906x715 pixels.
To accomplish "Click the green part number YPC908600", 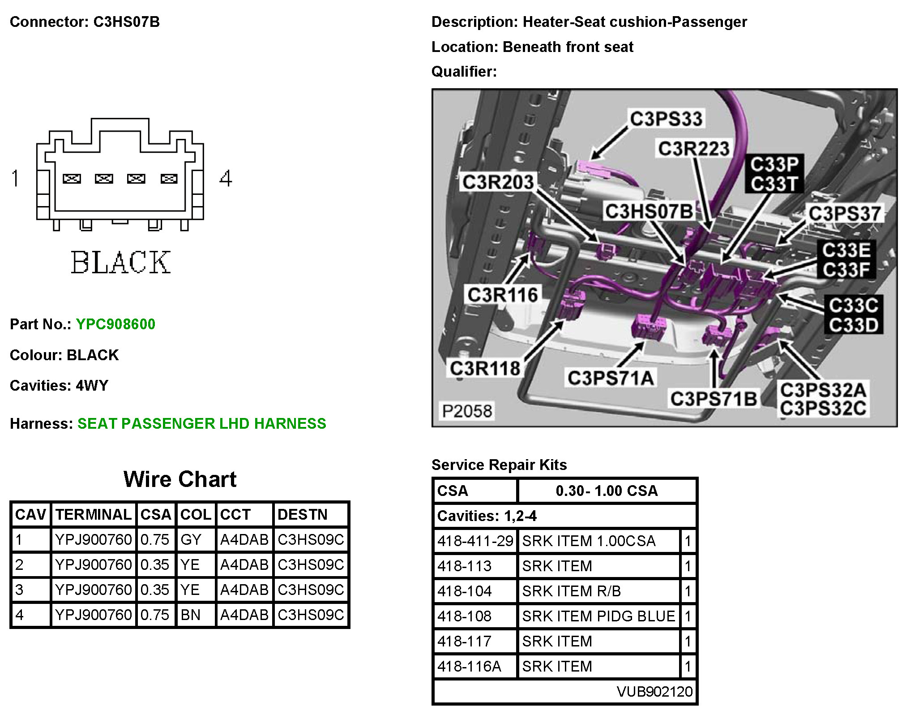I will (115, 324).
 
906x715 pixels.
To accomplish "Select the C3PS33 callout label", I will (666, 119).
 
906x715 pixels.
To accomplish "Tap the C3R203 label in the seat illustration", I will (498, 182).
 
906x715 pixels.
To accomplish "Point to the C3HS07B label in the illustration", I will (649, 211).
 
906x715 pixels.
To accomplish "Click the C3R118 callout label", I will (485, 369).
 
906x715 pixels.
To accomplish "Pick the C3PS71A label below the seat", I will (611, 378).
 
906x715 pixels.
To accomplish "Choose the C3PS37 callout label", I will (844, 214).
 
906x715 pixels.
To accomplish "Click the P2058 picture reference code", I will (467, 411).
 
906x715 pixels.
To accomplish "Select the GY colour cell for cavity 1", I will (191, 539).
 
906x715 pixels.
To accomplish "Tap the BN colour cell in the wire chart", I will (191, 615).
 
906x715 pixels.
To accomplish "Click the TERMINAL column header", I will (94, 514).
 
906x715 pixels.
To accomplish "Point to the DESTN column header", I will (303, 514).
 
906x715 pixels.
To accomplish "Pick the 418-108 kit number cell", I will (465, 616).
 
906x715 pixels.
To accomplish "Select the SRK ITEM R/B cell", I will (572, 591).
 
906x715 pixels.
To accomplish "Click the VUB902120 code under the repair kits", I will (654, 691).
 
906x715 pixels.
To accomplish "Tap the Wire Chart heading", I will (180, 479).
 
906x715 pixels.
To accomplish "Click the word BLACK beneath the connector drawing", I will (121, 263).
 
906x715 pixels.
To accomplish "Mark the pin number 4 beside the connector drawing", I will (226, 178).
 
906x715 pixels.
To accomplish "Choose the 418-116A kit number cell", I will (469, 666).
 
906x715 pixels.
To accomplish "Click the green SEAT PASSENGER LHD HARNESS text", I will (202, 423).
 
